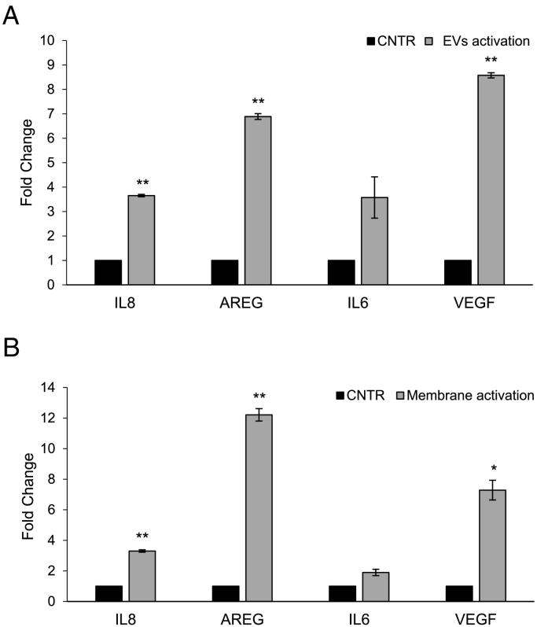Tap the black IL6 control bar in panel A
tap(341, 272)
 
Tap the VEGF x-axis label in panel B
tap(474, 618)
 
